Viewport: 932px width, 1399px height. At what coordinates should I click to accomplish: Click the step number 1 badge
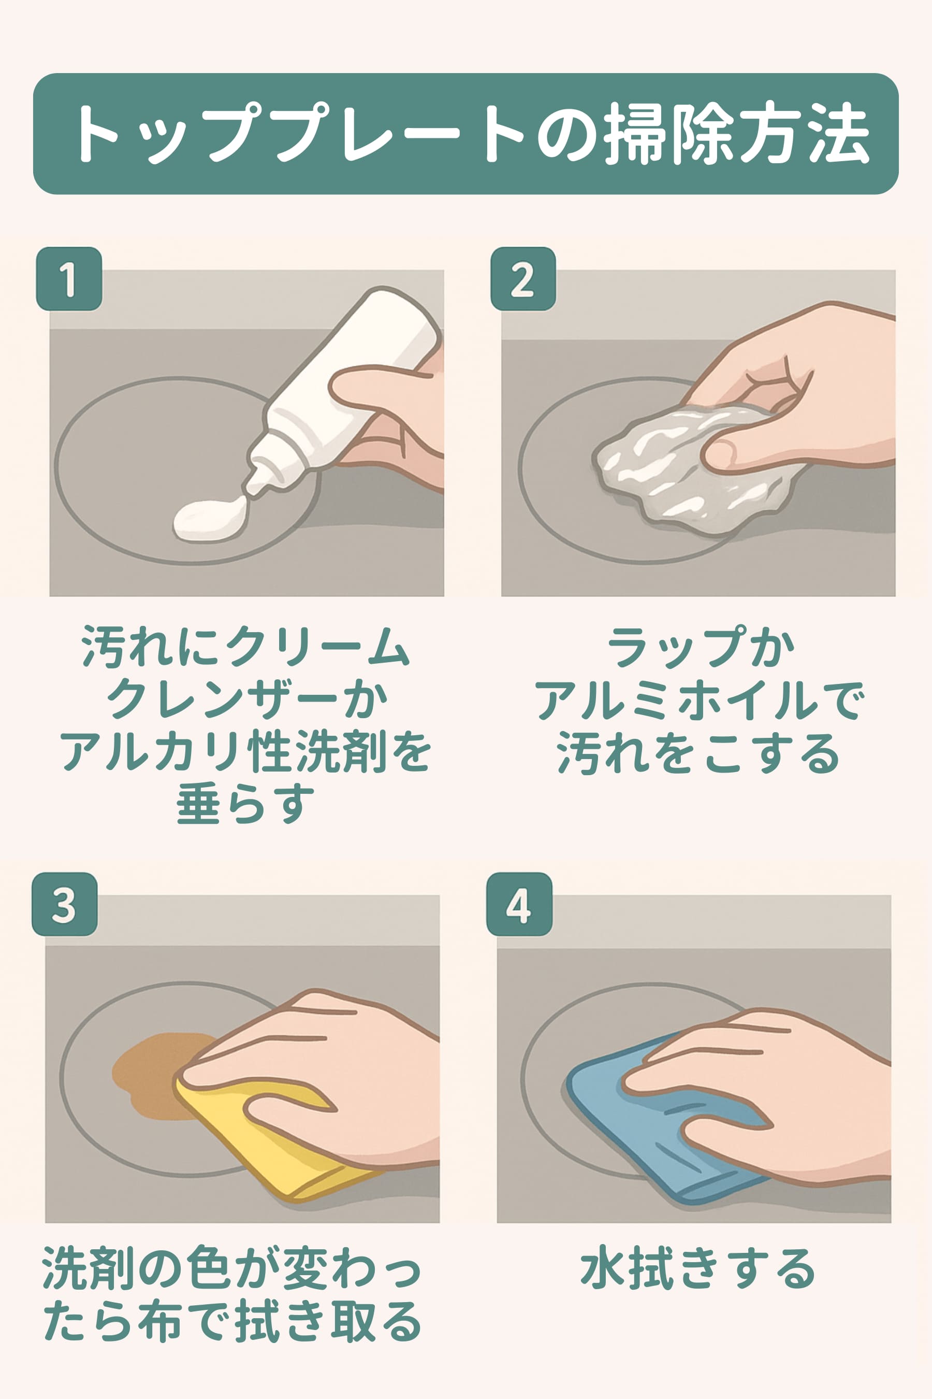click(69, 278)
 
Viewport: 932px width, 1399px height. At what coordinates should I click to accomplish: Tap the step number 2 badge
click(523, 278)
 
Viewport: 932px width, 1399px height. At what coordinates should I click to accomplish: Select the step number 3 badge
click(65, 904)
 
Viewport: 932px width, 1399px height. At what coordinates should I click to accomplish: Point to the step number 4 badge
click(519, 904)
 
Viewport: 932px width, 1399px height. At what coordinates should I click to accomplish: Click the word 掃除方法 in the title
click(736, 133)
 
